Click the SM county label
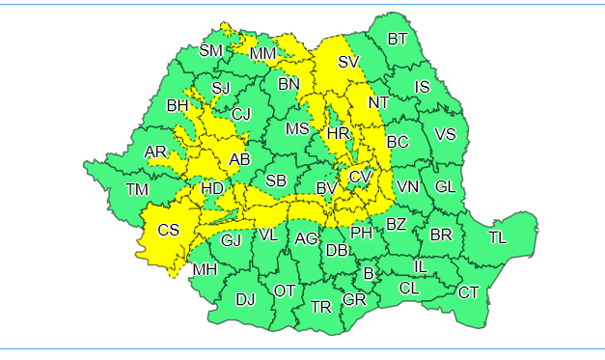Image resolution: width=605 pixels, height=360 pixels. [x=210, y=50]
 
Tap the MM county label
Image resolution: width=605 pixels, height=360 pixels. [x=262, y=54]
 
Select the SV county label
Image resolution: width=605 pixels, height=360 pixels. [x=348, y=62]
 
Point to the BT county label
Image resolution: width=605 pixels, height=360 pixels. [x=398, y=39]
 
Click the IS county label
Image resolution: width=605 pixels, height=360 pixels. [x=422, y=87]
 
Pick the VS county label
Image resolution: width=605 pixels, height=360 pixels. [x=445, y=134]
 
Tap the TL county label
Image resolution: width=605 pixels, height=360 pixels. [x=498, y=236]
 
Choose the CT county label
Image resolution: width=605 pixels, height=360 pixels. [x=468, y=292]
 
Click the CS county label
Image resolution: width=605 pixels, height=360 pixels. [x=169, y=230]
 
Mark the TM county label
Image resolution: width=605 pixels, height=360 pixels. [x=137, y=189]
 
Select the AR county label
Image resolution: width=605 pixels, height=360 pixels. [x=154, y=152]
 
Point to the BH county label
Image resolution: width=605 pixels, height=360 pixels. [x=178, y=105]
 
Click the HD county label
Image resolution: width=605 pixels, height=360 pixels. [x=212, y=188]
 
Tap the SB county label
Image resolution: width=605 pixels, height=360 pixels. [x=276, y=180]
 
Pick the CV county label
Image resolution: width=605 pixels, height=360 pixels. [x=360, y=177]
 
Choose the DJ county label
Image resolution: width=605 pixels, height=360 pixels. [x=245, y=299]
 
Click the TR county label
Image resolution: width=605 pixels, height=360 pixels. [x=321, y=307]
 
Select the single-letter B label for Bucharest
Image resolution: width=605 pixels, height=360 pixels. [x=368, y=273]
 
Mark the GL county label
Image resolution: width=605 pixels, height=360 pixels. [x=445, y=186]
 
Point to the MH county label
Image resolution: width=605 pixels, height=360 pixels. [x=205, y=269]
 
